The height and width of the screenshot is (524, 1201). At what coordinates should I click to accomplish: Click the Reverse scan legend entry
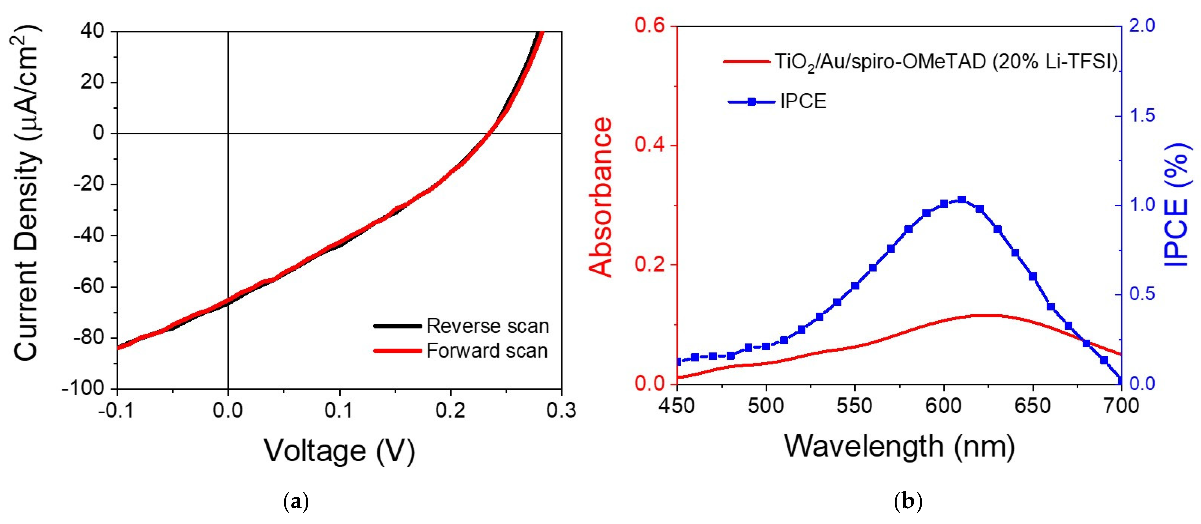pyautogui.click(x=487, y=326)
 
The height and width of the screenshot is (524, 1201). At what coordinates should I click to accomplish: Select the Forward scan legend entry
pyautogui.click(x=486, y=351)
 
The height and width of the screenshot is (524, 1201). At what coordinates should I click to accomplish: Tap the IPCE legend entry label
pyautogui.click(x=803, y=101)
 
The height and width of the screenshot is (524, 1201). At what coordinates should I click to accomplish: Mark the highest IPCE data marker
pyautogui.click(x=961, y=200)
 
